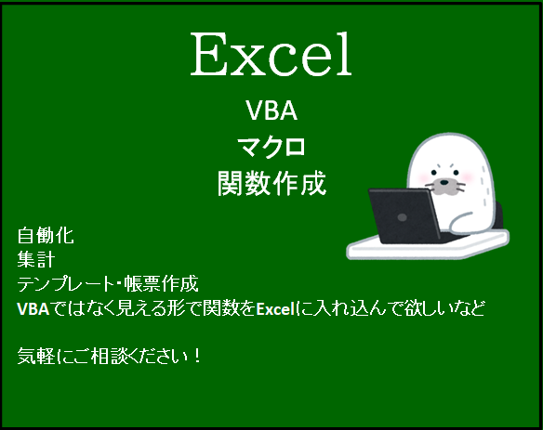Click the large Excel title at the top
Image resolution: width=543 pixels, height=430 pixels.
pyautogui.click(x=271, y=56)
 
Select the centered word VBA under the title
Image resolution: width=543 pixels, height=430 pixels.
pyautogui.click(x=271, y=112)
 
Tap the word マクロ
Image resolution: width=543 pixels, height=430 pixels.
pyautogui.click(x=271, y=147)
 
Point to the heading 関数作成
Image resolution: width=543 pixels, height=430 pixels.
pyautogui.click(x=271, y=181)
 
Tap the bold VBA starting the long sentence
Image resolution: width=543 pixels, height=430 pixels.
pyautogui.click(x=33, y=307)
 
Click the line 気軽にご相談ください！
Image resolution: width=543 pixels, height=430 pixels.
pyautogui.click(x=110, y=356)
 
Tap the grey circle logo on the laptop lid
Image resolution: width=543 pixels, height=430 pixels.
pyautogui.click(x=403, y=215)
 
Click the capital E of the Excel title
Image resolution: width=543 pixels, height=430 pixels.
pyautogui.click(x=208, y=56)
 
